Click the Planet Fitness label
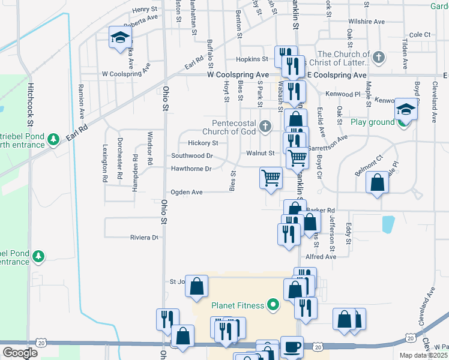coord(237,305)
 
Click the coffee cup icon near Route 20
coord(292,347)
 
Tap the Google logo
coord(20,353)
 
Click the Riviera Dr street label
coord(145,238)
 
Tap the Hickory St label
coord(202,143)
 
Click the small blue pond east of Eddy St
coord(388,224)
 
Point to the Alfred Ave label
coord(321,256)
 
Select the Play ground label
coord(373,122)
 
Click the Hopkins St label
coord(252,59)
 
